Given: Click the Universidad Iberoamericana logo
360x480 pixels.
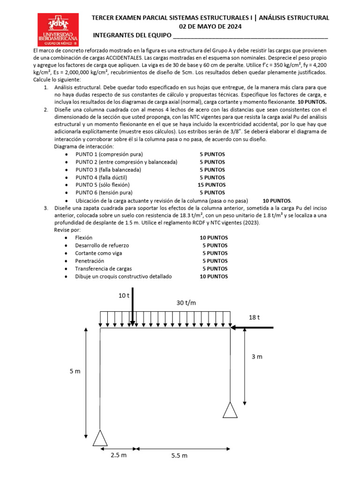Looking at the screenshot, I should point(59,29).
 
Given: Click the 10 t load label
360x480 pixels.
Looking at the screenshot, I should point(124,295).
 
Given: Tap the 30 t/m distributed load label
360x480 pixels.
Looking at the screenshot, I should point(186,303).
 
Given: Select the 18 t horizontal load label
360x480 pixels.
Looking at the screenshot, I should point(254,317).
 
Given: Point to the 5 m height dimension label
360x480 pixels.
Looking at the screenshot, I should point(75,371).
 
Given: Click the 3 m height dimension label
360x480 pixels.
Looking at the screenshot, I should point(256,357).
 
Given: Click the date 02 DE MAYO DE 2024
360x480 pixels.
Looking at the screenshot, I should point(210,27).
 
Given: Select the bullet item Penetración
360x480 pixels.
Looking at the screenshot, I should point(90,261).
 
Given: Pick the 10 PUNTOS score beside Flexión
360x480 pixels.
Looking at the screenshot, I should point(214,238).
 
